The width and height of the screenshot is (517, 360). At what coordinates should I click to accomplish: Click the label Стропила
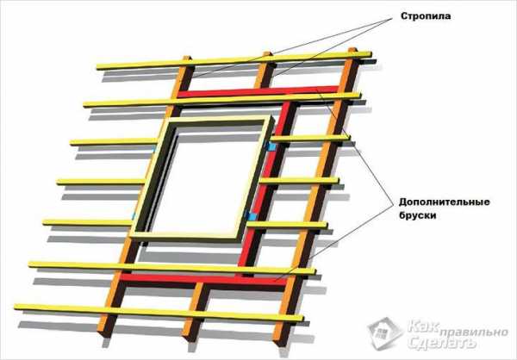[x=426, y=16]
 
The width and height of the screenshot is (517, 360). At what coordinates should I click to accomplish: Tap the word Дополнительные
[x=444, y=202]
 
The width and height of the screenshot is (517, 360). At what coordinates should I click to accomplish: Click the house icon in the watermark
[x=385, y=332]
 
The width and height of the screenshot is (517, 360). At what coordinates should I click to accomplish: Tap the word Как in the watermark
[x=423, y=326]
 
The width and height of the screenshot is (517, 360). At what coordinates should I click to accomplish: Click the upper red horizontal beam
[x=258, y=92]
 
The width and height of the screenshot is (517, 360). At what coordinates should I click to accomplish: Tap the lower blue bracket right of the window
[x=252, y=216]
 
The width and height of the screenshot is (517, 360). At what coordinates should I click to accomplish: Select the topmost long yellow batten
[x=234, y=60]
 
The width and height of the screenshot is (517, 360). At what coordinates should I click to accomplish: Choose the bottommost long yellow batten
[x=159, y=313]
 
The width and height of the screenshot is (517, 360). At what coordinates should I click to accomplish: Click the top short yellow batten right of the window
[x=310, y=139]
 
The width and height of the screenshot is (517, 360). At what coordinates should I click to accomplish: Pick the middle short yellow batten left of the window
[x=101, y=182]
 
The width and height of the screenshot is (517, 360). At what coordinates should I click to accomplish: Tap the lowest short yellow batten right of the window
[x=287, y=225]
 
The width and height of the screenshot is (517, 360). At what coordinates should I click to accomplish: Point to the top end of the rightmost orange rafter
[x=352, y=49]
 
